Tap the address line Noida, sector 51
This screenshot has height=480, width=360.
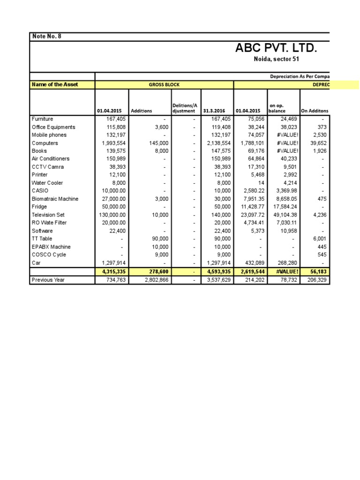point(276,60)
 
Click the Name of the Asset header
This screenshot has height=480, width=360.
point(55,84)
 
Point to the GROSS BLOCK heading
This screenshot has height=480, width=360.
point(164,85)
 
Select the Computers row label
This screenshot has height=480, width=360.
point(45,143)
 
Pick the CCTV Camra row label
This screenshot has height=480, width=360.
point(47,167)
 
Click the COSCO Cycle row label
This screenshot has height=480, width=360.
point(49,255)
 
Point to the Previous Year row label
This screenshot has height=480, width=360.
point(48,280)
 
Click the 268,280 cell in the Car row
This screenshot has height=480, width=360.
point(285,262)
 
